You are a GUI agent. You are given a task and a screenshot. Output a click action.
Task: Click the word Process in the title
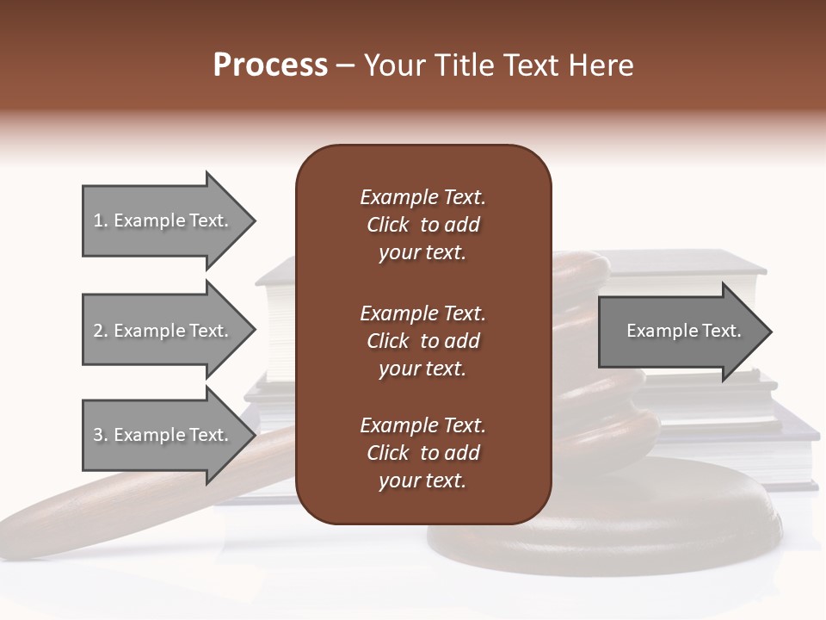[270, 65]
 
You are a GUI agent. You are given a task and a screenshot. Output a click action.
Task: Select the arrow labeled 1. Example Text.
[163, 220]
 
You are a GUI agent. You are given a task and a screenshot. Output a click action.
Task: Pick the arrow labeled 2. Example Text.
[163, 331]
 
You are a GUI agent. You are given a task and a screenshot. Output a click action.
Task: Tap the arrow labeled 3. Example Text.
[163, 435]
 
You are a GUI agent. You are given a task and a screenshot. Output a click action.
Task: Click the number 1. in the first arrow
[101, 221]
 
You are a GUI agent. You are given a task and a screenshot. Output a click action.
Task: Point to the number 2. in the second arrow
[101, 332]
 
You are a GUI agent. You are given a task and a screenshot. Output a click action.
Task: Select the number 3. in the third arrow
[101, 436]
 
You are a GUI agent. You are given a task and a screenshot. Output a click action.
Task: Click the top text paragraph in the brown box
[422, 225]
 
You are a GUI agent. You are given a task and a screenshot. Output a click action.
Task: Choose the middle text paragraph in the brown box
[422, 341]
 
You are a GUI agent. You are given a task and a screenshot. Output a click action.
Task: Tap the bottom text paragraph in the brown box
[422, 453]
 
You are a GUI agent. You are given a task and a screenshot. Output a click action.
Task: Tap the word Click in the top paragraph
[388, 226]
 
